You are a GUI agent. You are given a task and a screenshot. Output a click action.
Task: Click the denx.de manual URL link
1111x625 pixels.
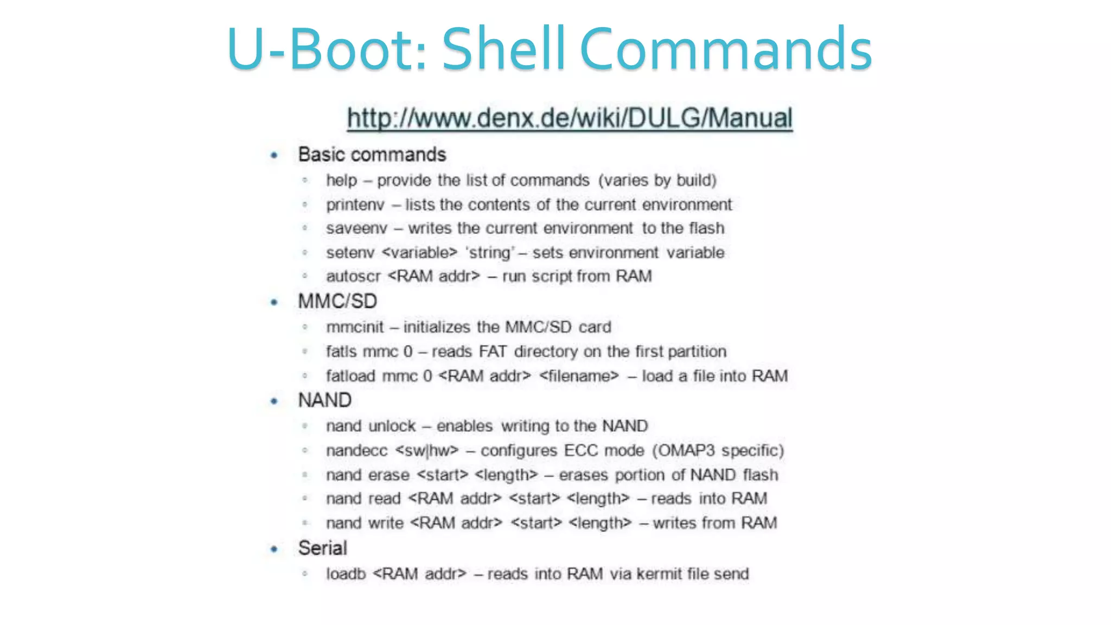[x=570, y=118]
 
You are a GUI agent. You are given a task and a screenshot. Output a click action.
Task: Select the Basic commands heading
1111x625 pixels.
[x=372, y=155]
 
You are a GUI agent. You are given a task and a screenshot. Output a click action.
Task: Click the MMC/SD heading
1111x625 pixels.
[x=337, y=301]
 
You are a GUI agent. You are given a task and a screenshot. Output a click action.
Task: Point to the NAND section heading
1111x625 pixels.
[x=325, y=400]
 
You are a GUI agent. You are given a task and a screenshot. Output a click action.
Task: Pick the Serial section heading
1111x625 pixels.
[x=322, y=548]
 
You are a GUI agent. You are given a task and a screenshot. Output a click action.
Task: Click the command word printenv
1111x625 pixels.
[x=355, y=205]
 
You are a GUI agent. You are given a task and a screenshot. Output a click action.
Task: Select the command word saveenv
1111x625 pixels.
[x=356, y=228]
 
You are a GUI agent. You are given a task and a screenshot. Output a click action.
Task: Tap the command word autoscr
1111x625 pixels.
[x=353, y=276]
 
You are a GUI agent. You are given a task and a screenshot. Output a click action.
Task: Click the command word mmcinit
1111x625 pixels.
[x=355, y=327]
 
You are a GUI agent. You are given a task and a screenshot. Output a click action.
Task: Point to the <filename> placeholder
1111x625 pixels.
[x=579, y=376]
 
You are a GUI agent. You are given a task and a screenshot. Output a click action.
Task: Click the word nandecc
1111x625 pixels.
[x=356, y=451]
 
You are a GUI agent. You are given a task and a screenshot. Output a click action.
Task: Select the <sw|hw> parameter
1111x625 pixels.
[x=427, y=451]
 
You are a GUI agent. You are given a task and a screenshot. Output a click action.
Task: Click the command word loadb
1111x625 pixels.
[x=346, y=574]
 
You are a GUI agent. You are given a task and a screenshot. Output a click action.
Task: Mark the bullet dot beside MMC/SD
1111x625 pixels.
[x=274, y=302]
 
